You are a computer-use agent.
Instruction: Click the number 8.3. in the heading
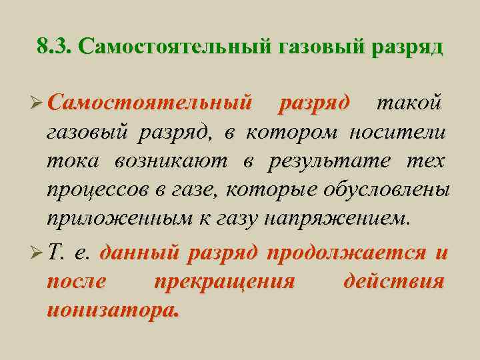55,47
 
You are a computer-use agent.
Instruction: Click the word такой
408,104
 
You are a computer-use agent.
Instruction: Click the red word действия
393,282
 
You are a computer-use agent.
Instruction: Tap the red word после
77,282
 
